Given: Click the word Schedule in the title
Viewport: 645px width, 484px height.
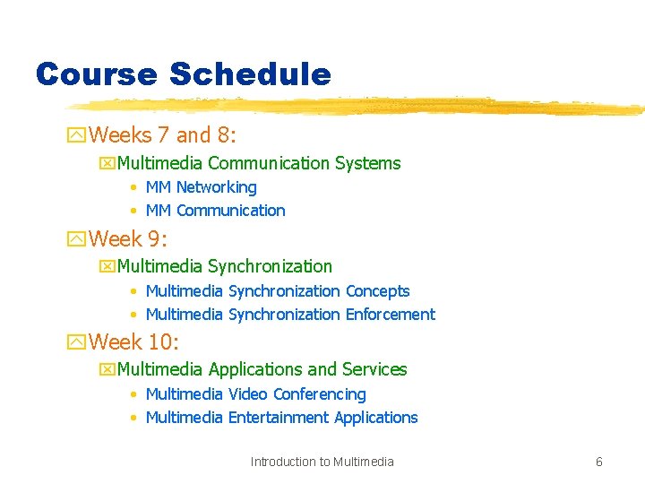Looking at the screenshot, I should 250,74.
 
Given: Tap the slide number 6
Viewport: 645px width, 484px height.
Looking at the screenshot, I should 599,462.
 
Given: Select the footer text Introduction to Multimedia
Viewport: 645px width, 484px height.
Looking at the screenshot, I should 322,462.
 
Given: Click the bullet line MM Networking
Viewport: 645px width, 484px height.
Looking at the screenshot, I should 201,187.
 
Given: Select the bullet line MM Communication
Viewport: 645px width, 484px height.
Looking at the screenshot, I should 215,211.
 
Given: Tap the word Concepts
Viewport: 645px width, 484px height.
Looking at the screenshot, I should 377,291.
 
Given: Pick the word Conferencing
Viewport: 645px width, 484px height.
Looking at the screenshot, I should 320,394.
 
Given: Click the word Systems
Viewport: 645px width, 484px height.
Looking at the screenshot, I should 367,163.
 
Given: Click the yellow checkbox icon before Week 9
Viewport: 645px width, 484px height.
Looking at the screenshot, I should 77,240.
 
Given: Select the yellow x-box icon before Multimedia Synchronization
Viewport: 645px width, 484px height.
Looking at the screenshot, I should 107,267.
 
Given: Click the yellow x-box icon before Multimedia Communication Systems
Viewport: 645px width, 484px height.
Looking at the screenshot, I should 107,164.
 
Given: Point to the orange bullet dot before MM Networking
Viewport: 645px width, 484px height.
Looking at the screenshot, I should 133,188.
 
